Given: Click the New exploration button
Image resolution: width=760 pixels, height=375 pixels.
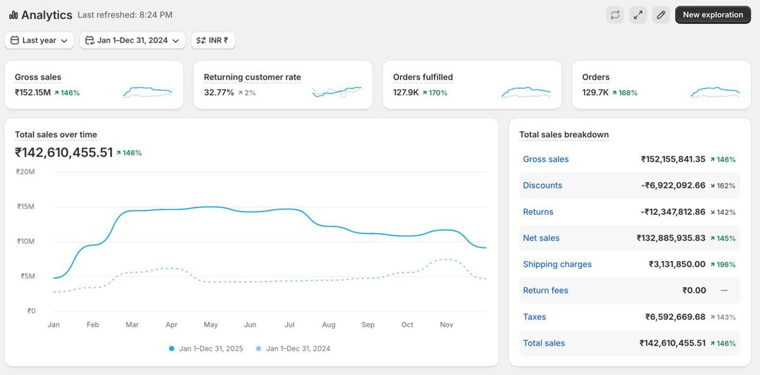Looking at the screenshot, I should coord(712,15).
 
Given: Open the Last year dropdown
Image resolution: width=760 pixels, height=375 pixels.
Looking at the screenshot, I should coord(39,40).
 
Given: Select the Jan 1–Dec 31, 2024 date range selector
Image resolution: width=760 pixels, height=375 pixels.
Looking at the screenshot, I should coord(132,40).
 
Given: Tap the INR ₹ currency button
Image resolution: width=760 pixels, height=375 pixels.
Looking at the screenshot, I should coord(213,40).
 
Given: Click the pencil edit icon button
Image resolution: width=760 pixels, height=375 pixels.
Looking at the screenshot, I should coord(661,15).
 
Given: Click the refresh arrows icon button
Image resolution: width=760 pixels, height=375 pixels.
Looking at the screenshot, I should coord(614,15).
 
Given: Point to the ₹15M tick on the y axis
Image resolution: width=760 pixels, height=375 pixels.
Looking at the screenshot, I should coord(26,207).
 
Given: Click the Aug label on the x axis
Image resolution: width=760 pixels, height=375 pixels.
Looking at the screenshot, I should coord(329,325).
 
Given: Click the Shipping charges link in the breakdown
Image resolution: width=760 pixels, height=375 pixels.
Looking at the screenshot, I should coord(557,264).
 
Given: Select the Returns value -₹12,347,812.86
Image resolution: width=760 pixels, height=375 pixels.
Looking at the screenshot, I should coord(673,212).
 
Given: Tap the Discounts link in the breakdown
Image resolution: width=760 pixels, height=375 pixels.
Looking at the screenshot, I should coord(543,185).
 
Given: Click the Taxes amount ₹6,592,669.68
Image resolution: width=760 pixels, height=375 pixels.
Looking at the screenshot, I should coord(675,317).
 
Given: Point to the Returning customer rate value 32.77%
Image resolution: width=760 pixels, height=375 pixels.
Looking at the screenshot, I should coord(219,92).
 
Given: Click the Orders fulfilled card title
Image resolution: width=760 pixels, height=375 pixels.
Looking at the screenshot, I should coord(423,77).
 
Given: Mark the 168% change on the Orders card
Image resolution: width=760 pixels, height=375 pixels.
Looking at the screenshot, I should coord(628,92).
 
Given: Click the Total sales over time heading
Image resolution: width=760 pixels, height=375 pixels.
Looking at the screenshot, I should coord(56,135).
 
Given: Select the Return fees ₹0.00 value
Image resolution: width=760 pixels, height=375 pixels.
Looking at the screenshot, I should coord(694,290).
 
